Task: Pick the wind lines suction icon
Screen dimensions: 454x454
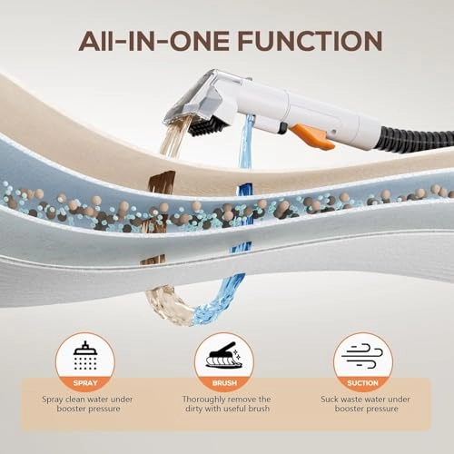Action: (x=362, y=355)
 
